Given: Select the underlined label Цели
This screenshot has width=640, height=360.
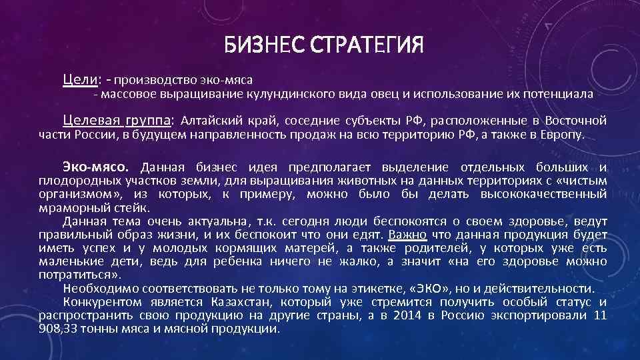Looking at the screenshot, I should (80, 79).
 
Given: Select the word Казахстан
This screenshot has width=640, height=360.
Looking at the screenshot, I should (240, 302).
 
